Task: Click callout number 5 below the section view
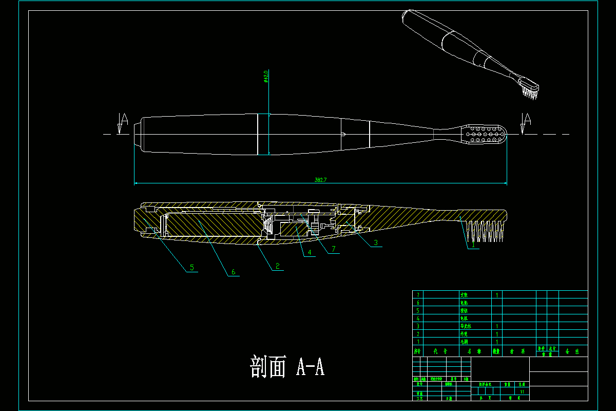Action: pos(192,267)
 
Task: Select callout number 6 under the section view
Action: pos(233,272)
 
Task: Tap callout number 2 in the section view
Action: pos(277,266)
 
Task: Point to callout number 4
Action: pos(310,252)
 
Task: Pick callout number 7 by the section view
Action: pos(334,249)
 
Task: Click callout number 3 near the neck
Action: pos(376,242)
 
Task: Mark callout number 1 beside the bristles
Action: pos(472,245)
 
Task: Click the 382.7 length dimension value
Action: pos(321,180)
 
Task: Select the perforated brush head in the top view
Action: pos(486,134)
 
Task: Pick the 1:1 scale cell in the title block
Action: pos(523,391)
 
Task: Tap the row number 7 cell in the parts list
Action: pos(418,295)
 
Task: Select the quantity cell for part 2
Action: pos(497,333)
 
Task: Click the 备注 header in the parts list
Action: pos(572,352)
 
